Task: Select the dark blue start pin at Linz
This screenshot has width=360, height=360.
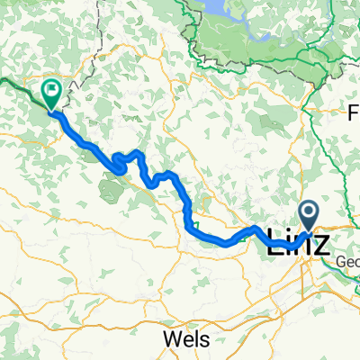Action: pos(310,216)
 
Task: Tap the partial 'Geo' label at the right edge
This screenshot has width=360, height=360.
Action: pos(348,263)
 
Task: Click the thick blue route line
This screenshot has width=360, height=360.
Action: pos(216,238)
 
